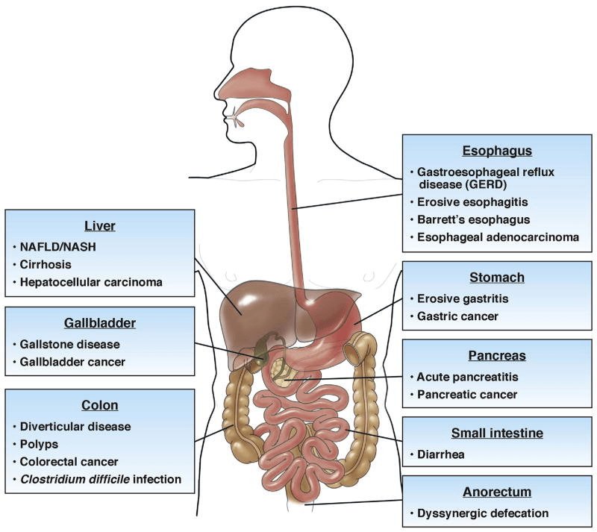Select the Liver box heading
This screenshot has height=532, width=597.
99,225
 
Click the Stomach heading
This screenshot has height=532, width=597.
497,278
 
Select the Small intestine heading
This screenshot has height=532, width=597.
497,433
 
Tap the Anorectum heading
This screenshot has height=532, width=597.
497,492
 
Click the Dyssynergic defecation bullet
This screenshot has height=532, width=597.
478,513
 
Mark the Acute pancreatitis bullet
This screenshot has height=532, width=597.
464,377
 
